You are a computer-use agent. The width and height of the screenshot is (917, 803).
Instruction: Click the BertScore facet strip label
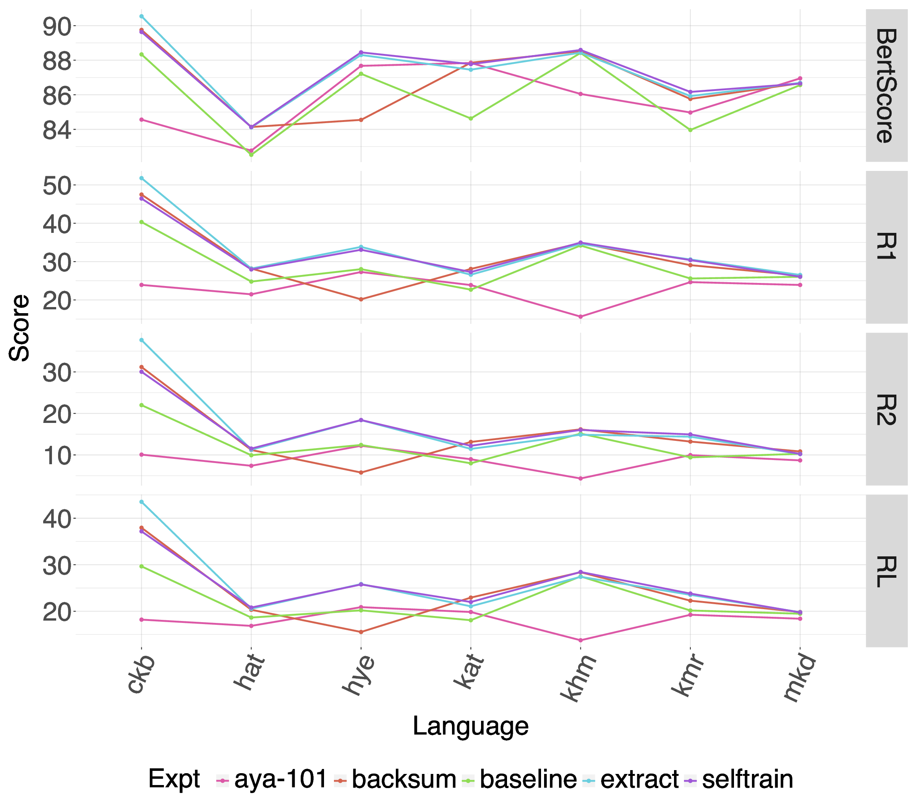pos(886,85)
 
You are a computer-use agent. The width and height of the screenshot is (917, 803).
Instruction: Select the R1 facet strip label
pos(886,247)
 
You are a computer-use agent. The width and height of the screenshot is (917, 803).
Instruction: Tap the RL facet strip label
pos(886,571)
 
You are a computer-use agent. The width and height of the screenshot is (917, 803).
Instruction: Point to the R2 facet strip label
pos(886,409)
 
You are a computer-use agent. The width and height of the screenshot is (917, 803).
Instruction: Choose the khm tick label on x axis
pos(578,677)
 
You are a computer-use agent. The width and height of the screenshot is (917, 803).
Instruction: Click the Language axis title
pos(470,725)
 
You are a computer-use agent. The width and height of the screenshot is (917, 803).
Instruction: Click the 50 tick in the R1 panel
pos(57,185)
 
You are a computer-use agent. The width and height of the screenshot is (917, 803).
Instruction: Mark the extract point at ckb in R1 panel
pos(141,178)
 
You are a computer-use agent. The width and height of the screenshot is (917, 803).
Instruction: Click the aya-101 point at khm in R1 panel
pos(580,316)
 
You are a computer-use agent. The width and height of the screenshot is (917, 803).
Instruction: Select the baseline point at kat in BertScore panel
pos(471,118)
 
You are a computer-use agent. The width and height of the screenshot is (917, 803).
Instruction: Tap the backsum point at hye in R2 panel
pos(361,472)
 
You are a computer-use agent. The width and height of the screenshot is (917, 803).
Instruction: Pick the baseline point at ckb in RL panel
pos(141,566)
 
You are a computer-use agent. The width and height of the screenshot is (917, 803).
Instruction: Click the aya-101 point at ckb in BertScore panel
pos(141,120)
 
